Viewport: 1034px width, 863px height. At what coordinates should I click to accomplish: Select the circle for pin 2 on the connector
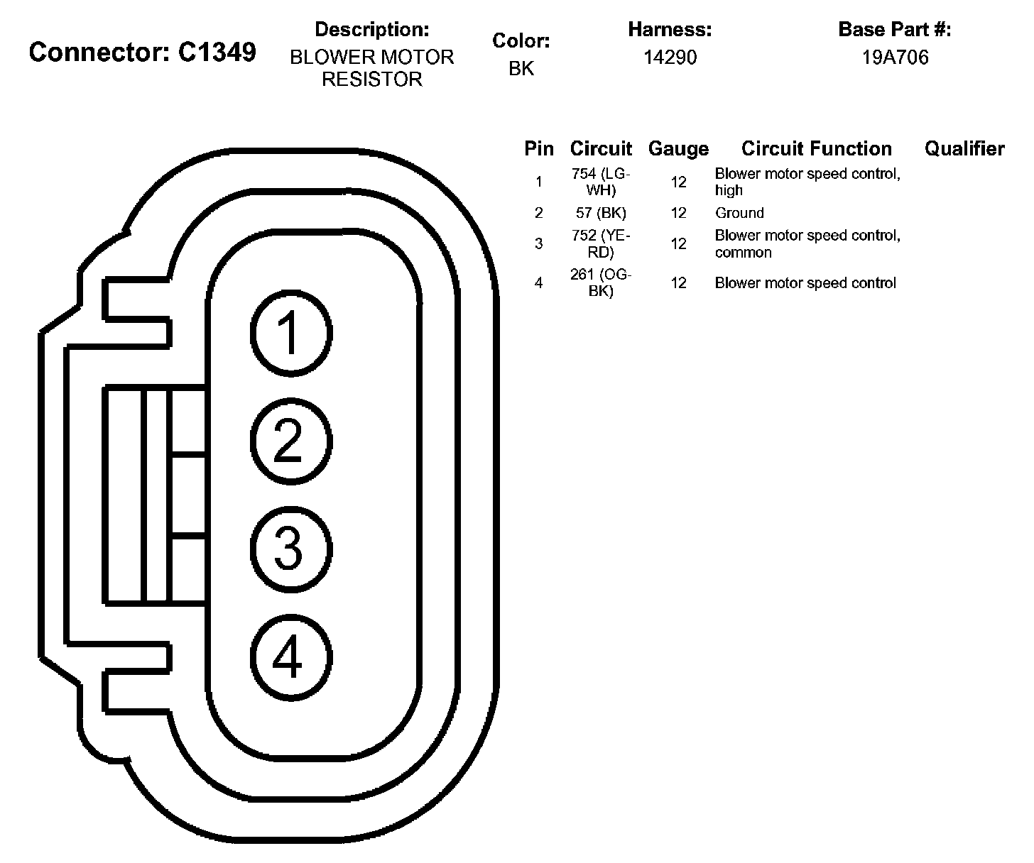pos(291,441)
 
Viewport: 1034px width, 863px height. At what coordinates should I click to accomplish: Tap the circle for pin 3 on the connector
pos(291,549)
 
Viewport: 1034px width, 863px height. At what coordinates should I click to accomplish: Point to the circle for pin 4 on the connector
pos(291,656)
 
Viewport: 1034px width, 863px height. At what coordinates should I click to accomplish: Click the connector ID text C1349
pos(217,52)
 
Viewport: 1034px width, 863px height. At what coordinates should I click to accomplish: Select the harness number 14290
pos(670,57)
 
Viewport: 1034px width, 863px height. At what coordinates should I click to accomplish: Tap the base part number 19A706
pos(895,57)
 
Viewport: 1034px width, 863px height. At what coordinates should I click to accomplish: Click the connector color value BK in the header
pos(521,69)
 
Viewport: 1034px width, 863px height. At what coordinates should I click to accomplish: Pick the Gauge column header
pos(678,148)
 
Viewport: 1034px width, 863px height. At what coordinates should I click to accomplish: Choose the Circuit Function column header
pos(817,148)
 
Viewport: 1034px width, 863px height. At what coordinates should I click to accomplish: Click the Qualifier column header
pos(964,148)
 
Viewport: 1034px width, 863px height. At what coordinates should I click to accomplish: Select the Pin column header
pos(539,148)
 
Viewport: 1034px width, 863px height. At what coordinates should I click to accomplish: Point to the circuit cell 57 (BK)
pos(601,213)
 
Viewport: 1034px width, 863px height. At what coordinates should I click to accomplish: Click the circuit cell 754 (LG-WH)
pos(601,182)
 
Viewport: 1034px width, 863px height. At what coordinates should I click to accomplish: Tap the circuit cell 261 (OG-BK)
pos(601,282)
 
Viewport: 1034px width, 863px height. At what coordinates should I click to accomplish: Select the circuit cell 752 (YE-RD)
pos(601,243)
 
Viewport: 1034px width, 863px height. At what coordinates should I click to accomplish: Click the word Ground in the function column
pos(739,213)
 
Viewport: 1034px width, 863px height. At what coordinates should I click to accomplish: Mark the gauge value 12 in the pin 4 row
pos(678,282)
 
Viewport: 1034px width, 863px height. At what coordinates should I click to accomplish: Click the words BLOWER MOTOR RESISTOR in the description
pos(371,68)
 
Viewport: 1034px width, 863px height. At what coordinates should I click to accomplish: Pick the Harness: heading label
pos(670,30)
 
